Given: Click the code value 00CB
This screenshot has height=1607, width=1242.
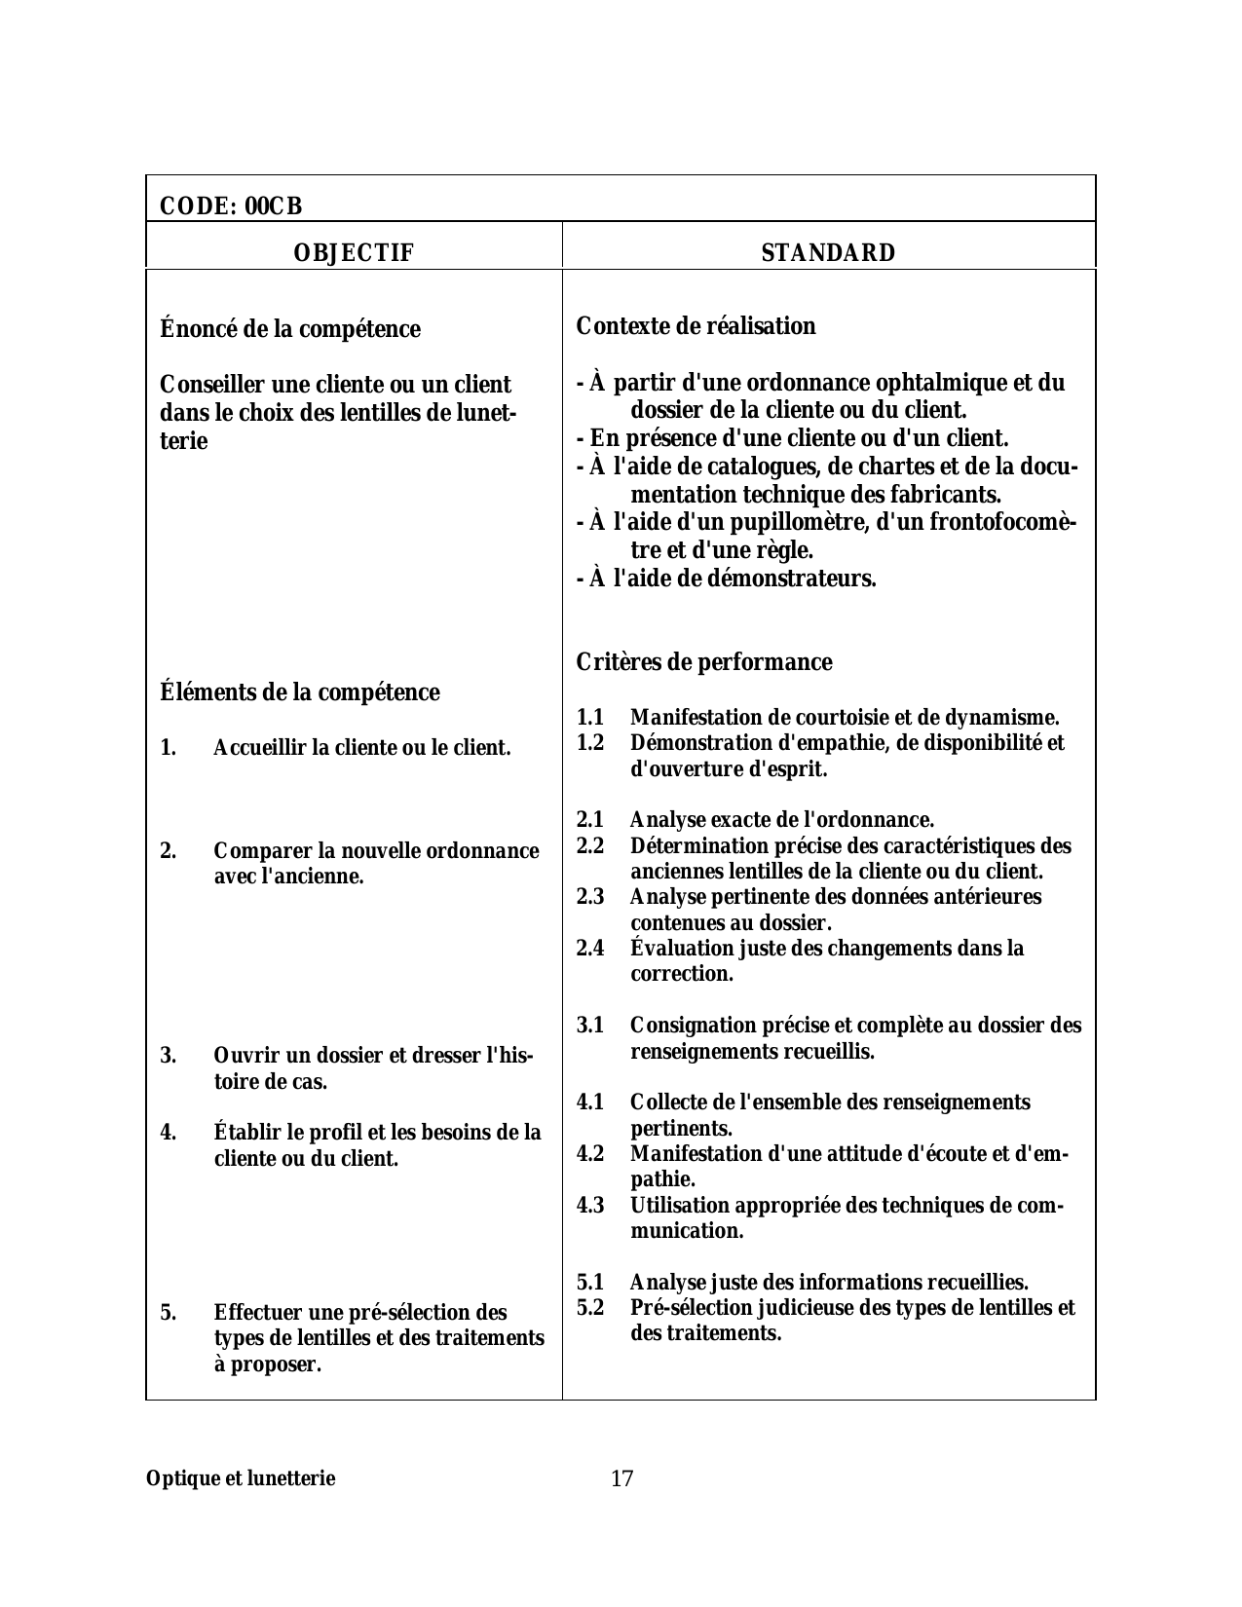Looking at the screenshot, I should [x=274, y=206].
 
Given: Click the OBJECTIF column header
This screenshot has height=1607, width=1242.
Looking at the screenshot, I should [x=354, y=253].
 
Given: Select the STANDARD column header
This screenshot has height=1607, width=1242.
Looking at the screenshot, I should [x=828, y=253].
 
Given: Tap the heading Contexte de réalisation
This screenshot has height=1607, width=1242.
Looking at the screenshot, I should [x=696, y=326].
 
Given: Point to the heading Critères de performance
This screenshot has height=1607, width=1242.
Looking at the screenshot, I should [x=704, y=662].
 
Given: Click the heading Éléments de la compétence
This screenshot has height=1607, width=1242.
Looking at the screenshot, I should [x=299, y=692].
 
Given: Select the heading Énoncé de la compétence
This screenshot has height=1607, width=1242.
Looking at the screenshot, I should [x=289, y=329].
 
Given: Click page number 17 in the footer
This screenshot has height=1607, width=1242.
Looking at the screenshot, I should [x=621, y=1478].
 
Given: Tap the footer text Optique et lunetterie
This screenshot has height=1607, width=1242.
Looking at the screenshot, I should [x=241, y=1478].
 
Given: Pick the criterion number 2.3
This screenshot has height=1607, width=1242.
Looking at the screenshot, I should [x=590, y=896].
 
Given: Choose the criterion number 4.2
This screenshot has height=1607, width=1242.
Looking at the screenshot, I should [x=590, y=1154].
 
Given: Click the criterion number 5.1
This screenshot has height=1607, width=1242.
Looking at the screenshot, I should [x=590, y=1282].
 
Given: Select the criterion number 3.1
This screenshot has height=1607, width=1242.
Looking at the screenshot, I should [x=590, y=1026].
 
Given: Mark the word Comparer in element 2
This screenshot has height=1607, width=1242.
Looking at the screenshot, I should [x=255, y=851].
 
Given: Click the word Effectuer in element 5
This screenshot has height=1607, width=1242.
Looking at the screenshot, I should [x=254, y=1312].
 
